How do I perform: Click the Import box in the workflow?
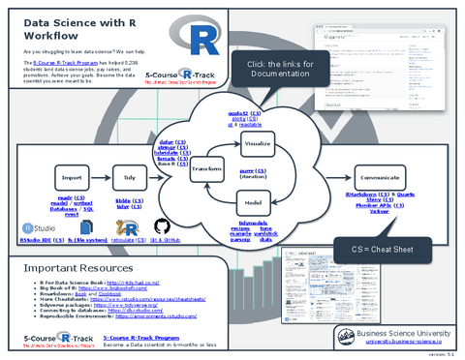tap(71, 178)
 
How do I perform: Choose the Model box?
tap(257, 202)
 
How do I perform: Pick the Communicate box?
tap(380, 178)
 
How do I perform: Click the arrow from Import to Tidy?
tap(101, 178)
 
